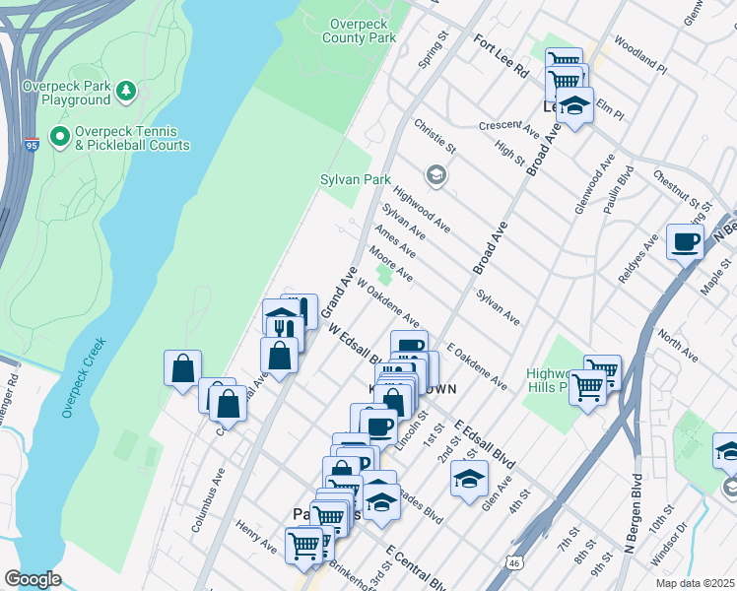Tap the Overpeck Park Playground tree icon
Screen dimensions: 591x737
[x=125, y=92]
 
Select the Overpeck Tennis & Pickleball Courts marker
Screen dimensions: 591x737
[x=59, y=135]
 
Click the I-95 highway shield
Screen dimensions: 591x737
[x=33, y=146]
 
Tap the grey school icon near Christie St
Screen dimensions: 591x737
[x=435, y=176]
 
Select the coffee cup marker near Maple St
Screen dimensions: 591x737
[x=685, y=240]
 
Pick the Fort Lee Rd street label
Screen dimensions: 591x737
[x=501, y=56]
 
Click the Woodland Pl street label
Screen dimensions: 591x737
[x=639, y=57]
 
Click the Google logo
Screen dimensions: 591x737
[x=33, y=578]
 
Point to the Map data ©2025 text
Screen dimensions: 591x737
[x=694, y=583]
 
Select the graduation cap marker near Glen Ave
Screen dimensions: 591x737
[x=468, y=480]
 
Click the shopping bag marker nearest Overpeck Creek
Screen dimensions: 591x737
[x=183, y=370]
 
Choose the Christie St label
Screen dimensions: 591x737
[x=435, y=137]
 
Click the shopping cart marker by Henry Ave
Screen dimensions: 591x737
[x=303, y=545]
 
